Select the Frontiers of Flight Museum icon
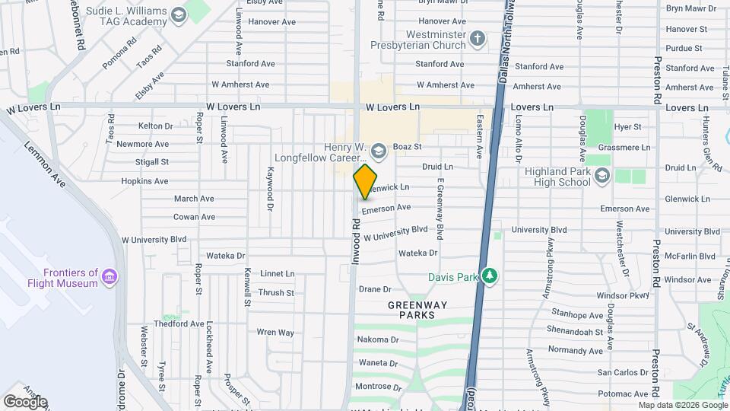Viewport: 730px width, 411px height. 110,275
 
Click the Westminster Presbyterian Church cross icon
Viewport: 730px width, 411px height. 478,38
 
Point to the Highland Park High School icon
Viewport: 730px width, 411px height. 602,177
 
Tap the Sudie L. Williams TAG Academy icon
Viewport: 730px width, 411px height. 178,15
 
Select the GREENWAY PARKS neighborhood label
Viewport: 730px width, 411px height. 411,309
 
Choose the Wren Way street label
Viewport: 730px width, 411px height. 275,332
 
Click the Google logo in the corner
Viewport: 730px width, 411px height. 25,401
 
